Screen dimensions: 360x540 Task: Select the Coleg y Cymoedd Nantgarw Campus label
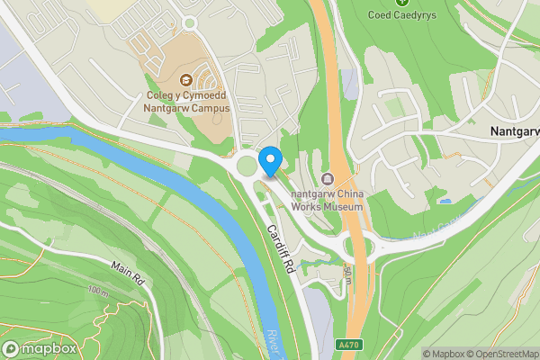(x=187, y=102)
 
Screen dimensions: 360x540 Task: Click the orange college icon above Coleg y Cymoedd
(x=187, y=80)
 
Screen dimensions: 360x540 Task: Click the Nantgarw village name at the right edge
(x=515, y=130)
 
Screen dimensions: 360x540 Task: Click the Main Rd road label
(x=128, y=268)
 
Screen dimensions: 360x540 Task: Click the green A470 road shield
(x=352, y=343)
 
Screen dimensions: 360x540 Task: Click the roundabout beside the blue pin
(x=246, y=166)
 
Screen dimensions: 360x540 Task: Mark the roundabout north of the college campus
(x=189, y=22)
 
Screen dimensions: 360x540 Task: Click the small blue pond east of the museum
(x=469, y=202)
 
